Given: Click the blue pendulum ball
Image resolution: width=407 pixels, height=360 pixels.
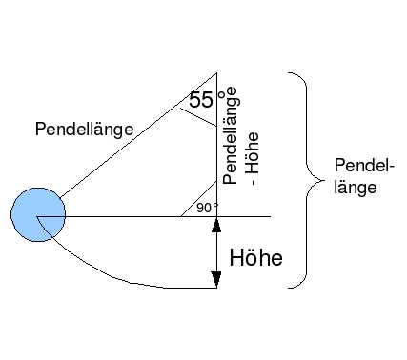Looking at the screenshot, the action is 38,214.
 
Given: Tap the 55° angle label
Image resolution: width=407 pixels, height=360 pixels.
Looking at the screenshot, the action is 207,99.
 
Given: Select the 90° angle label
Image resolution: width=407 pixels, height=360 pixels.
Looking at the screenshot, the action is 208,208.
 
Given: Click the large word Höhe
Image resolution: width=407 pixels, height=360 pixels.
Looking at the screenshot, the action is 255,257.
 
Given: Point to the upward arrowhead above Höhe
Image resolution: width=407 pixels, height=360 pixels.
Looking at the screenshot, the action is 216,227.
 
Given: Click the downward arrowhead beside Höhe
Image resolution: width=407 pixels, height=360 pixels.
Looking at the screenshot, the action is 216,279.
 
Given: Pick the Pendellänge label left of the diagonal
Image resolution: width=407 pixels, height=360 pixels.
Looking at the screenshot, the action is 84,130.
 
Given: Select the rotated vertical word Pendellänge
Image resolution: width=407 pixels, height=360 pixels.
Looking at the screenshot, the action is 230,135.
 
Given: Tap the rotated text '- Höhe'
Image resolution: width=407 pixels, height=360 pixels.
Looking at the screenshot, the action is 253,159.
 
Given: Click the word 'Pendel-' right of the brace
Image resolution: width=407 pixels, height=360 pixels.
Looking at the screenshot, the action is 364,166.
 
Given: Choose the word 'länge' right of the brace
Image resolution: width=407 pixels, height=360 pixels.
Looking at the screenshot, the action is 356,188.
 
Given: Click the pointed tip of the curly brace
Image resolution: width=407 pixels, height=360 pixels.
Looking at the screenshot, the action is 324,181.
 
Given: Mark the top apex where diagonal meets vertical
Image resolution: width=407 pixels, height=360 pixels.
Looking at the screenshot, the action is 216,73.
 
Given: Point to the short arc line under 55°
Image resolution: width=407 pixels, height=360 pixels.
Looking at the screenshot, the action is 198,117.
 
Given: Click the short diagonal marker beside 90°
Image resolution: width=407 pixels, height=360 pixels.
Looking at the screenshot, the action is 199,198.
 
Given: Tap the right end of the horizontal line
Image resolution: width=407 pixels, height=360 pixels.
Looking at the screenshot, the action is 271,217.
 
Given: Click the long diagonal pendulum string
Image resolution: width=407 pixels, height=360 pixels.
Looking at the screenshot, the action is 139,135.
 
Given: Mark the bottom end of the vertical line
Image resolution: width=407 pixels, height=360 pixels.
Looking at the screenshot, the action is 216,288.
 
